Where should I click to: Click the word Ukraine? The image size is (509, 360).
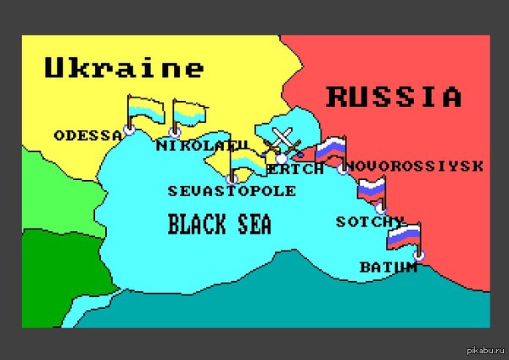[x=124, y=67]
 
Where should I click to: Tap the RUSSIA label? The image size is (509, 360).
[x=394, y=96]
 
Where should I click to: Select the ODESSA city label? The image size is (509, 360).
[x=87, y=135]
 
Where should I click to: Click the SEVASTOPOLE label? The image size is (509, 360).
[x=232, y=190]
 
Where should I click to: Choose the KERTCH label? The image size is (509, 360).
[x=296, y=168]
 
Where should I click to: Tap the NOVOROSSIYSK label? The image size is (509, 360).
[x=415, y=165]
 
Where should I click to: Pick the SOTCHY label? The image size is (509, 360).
[x=370, y=222]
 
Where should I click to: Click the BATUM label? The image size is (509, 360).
[x=389, y=267]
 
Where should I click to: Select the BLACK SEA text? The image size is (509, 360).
[x=219, y=224]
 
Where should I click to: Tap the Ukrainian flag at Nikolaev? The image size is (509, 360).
[x=188, y=112]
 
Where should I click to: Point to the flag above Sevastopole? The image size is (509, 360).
[x=249, y=162]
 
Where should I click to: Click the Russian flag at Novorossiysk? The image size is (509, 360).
[x=331, y=148]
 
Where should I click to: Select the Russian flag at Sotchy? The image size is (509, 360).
[x=372, y=188]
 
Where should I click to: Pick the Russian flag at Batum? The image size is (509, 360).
[x=404, y=234]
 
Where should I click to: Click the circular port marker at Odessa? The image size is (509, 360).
[x=129, y=131]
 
